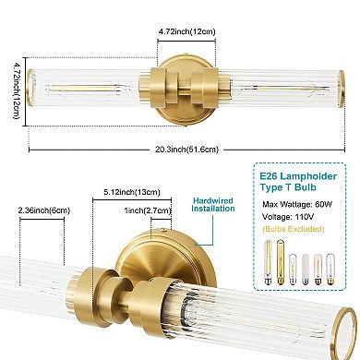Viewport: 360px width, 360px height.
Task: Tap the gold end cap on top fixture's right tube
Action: pos(343,90)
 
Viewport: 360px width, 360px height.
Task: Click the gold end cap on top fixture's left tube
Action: pos(29,90)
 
